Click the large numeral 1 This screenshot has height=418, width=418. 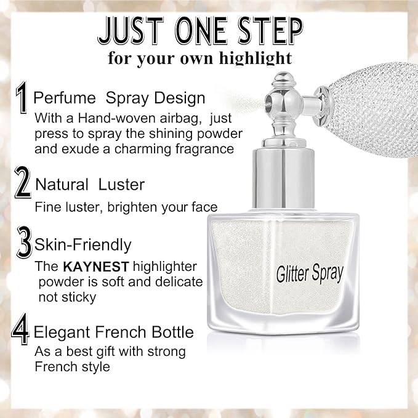[x=23, y=98]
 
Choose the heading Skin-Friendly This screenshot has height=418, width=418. [x=82, y=244]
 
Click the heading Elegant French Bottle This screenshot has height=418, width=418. [x=114, y=333]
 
